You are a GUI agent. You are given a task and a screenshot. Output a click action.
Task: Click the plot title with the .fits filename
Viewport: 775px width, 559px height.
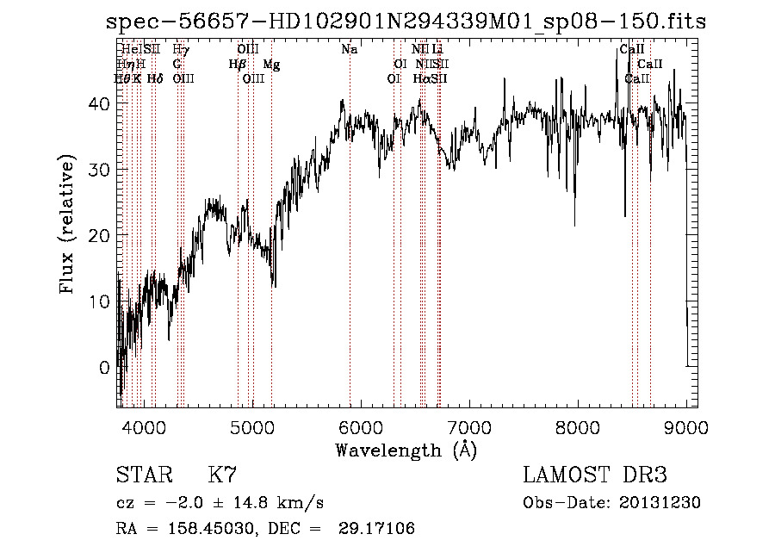click(x=405, y=22)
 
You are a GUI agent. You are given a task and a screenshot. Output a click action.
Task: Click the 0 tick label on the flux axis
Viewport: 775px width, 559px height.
click(x=105, y=367)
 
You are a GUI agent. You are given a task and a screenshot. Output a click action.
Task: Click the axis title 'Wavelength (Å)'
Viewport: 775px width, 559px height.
click(x=406, y=449)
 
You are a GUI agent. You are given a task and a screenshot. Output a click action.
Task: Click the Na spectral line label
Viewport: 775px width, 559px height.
click(x=349, y=50)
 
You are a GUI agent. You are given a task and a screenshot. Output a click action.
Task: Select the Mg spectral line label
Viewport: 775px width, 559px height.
click(x=271, y=65)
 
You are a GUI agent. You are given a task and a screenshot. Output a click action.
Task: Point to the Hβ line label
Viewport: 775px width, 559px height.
click(x=238, y=65)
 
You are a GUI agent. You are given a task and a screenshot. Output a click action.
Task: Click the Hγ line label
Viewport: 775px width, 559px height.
click(x=181, y=50)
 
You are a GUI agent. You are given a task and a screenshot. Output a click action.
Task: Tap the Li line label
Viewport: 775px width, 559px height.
click(x=437, y=50)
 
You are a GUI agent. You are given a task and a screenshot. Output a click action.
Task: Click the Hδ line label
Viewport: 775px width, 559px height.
click(x=155, y=78)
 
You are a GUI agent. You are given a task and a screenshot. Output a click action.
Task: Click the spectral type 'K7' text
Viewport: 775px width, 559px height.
click(x=222, y=475)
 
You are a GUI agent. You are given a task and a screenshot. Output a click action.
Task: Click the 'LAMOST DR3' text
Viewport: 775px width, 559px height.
click(x=595, y=475)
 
